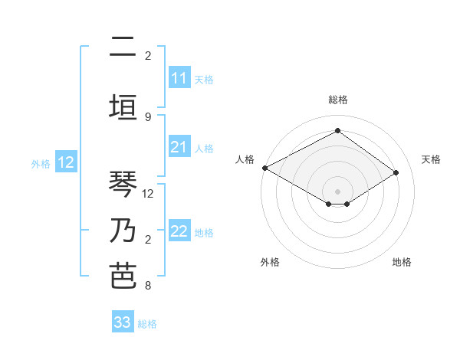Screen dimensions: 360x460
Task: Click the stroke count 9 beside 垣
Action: (x=148, y=116)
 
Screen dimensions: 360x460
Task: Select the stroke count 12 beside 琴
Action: (x=149, y=193)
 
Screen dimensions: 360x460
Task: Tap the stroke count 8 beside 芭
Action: (x=148, y=286)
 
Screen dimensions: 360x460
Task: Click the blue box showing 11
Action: (x=179, y=78)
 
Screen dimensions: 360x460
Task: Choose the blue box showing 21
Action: (x=179, y=147)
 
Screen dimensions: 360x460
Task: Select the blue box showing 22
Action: (x=179, y=232)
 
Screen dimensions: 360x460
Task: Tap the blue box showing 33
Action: (x=123, y=322)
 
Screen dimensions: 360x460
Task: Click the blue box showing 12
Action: (x=66, y=162)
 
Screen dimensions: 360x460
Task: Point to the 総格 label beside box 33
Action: (x=147, y=324)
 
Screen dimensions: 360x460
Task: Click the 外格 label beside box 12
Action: (x=41, y=163)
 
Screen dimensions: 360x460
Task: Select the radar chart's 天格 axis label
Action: (x=432, y=159)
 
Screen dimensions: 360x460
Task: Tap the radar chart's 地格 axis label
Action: (x=402, y=263)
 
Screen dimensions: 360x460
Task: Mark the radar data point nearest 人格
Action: (x=264, y=168)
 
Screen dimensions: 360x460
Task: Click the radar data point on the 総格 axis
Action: (x=337, y=131)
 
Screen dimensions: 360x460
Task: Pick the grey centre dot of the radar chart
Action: (x=337, y=190)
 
